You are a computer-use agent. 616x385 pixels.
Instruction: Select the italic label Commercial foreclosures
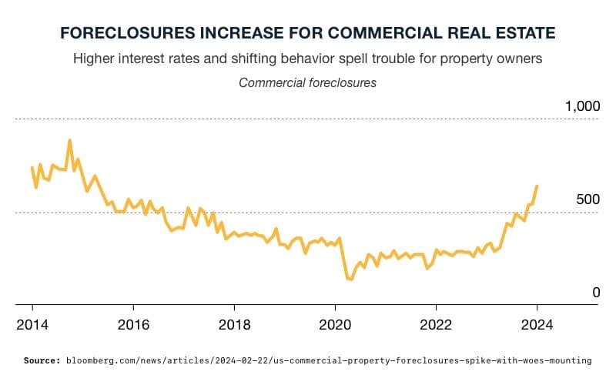tap(308, 82)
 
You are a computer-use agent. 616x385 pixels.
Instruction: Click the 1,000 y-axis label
tap(582, 106)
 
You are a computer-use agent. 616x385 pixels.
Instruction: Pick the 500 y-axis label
tap(588, 200)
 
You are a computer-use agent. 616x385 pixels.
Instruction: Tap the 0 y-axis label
tap(595, 293)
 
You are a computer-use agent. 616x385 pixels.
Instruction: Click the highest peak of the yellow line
tap(70, 140)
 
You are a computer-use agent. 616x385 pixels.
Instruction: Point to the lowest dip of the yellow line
tap(351, 280)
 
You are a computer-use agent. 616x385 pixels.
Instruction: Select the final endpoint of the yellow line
tap(537, 186)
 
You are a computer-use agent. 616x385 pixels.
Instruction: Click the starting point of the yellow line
tap(32, 167)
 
